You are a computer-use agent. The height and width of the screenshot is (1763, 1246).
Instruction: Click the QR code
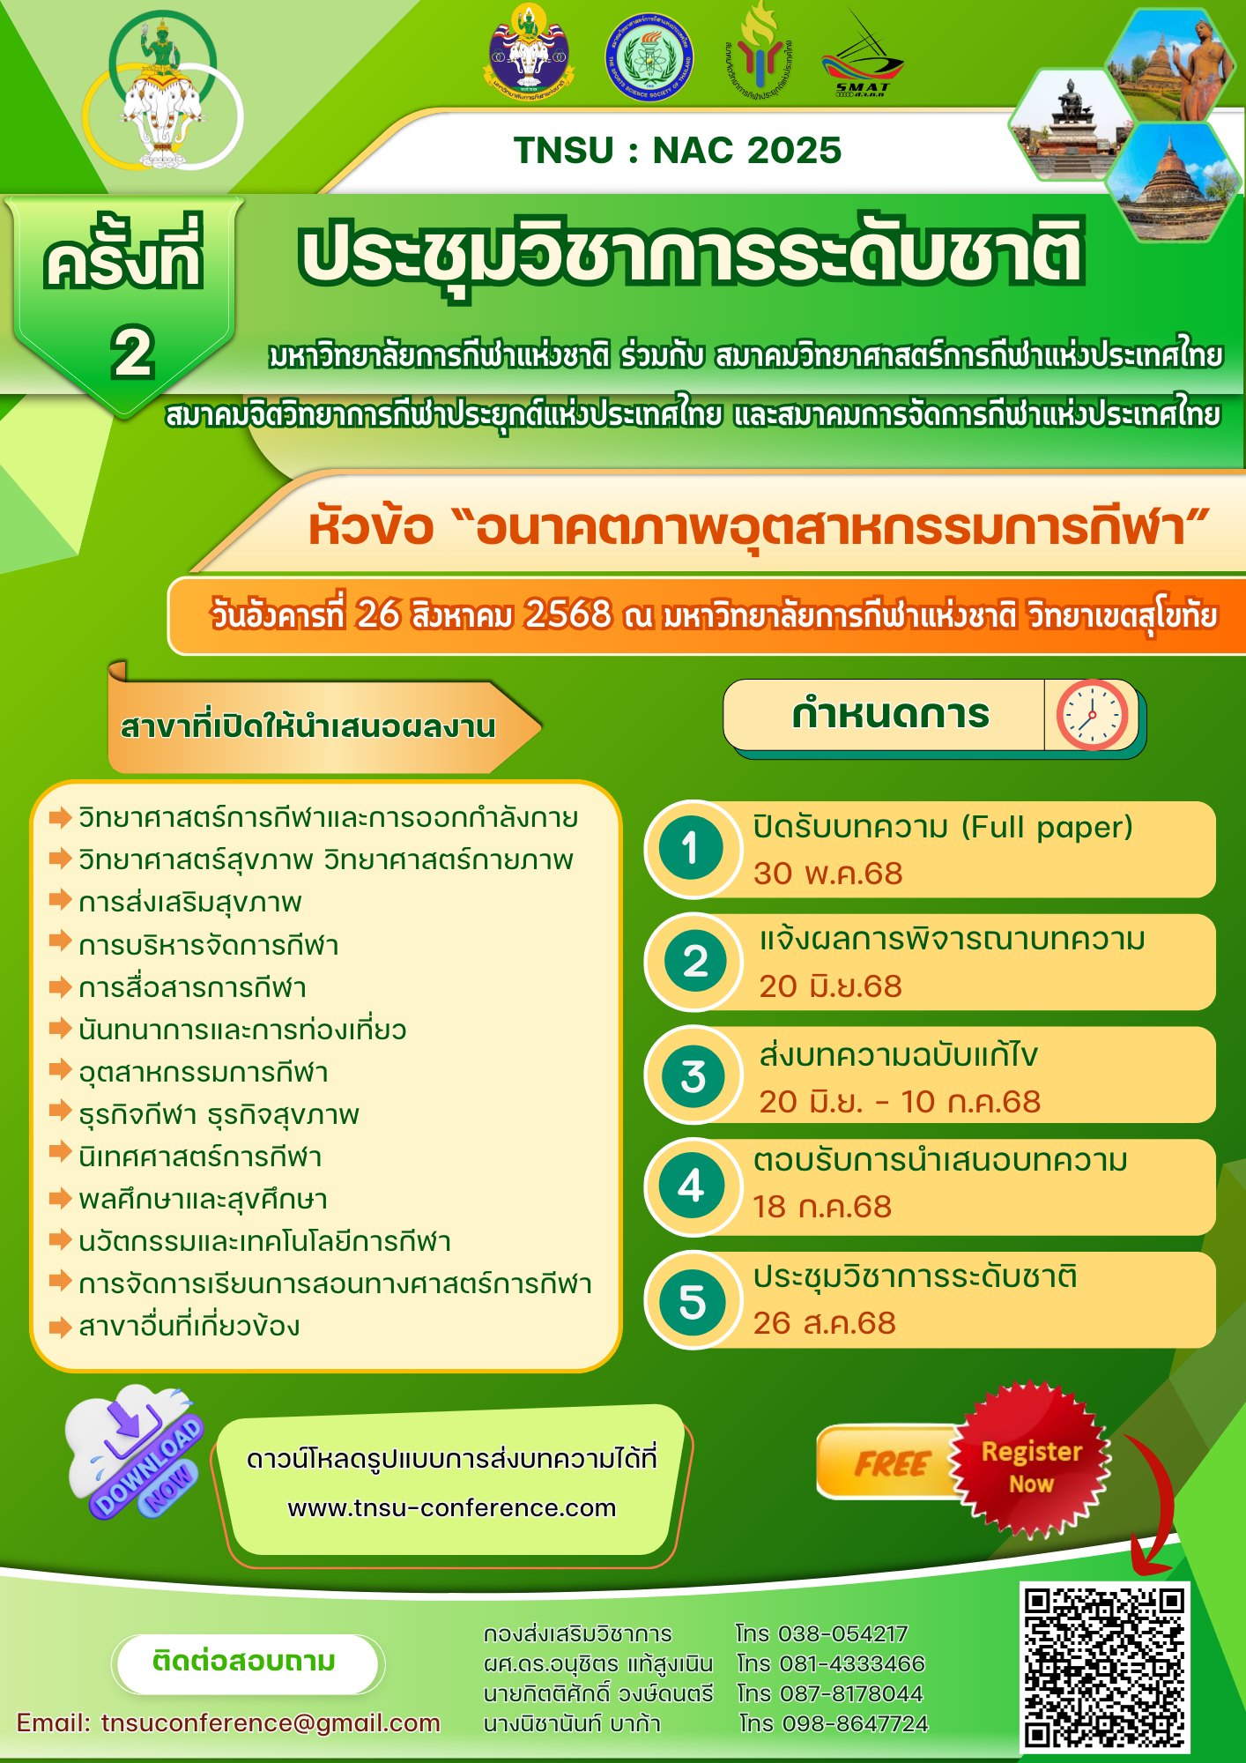[1105, 1665]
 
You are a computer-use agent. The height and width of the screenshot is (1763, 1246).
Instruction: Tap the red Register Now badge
[1030, 1467]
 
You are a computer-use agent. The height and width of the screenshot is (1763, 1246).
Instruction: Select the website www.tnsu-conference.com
[451, 1507]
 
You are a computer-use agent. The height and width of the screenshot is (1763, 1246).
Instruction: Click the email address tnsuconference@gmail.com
[271, 1722]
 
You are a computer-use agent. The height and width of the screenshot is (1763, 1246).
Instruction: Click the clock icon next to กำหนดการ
[1092, 714]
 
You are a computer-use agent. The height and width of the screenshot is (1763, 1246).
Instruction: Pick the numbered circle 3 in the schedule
[693, 1075]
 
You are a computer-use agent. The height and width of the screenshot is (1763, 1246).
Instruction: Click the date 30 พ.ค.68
[827, 874]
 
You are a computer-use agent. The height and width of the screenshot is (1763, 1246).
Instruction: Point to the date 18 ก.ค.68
[821, 1207]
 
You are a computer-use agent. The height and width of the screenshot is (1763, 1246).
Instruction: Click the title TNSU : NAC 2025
[677, 151]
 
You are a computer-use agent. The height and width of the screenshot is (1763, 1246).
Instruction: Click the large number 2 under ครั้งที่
[132, 353]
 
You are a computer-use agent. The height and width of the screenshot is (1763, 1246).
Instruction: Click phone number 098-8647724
[853, 1723]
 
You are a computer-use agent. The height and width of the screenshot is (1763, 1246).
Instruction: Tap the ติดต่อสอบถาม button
[244, 1662]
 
